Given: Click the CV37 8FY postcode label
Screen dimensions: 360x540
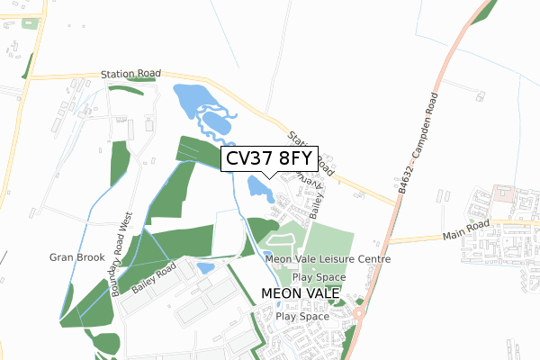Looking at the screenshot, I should pos(268,158).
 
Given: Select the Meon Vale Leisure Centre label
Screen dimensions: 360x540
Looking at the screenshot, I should pos(328,259).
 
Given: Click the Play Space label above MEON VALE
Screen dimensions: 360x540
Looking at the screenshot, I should pos(319,277).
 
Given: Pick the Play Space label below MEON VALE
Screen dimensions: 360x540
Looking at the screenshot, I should pos(301,317).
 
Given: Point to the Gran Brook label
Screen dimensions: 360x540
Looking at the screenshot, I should pos(71,257).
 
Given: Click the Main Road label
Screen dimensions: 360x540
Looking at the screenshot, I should pos(463,225).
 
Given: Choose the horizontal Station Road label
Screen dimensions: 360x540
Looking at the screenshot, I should pos(130,73).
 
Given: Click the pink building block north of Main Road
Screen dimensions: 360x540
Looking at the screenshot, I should pos(501,194).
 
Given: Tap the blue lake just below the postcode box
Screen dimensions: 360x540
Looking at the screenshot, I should pos(258,188).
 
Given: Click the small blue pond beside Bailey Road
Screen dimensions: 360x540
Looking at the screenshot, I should pos(205,267).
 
